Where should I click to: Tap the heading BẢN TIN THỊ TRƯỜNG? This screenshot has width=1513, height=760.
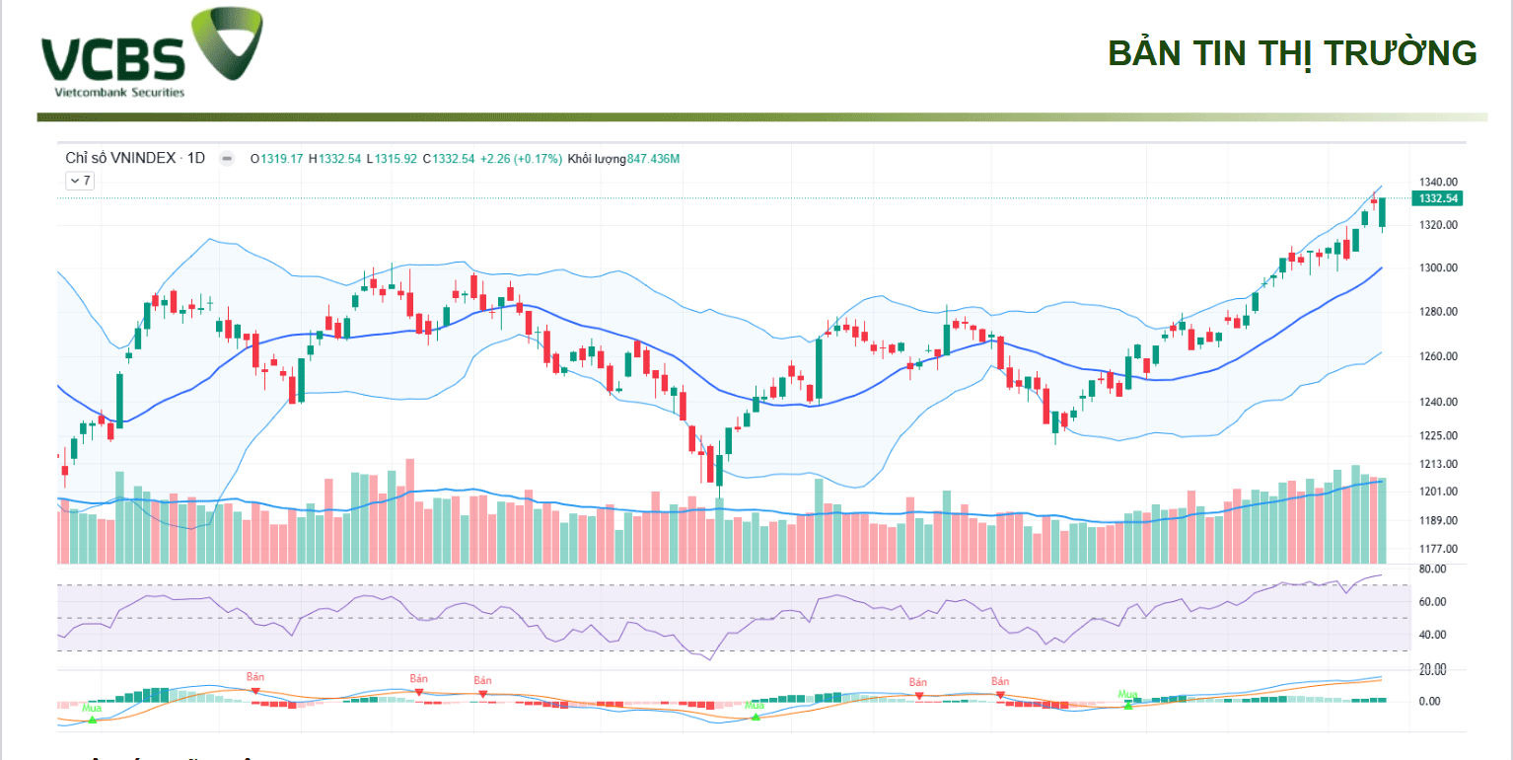pyautogui.click(x=1292, y=53)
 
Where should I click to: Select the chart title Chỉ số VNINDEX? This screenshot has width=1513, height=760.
pyautogui.click(x=120, y=158)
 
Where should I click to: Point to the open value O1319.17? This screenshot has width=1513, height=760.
pyautogui.click(x=277, y=158)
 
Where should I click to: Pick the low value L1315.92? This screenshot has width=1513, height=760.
pyautogui.click(x=392, y=158)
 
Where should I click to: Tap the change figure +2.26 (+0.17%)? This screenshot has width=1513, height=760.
pyautogui.click(x=521, y=158)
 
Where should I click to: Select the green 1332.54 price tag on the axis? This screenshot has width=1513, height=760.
pyautogui.click(x=1438, y=198)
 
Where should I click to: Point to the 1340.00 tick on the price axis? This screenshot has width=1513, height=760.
pyautogui.click(x=1437, y=183)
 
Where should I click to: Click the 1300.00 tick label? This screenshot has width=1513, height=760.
pyautogui.click(x=1437, y=268)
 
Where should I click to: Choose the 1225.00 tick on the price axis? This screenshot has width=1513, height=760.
pyautogui.click(x=1437, y=435)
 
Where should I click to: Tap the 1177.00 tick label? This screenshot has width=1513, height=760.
pyautogui.click(x=1437, y=549)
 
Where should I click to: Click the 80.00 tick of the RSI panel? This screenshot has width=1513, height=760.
pyautogui.click(x=1432, y=570)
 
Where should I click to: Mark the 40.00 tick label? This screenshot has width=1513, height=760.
pyautogui.click(x=1432, y=635)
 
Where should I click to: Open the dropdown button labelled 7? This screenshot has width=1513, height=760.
pyautogui.click(x=80, y=181)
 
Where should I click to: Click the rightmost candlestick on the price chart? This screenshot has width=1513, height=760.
pyautogui.click(x=1382, y=212)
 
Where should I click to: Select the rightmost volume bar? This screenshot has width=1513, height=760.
pyautogui.click(x=1382, y=520)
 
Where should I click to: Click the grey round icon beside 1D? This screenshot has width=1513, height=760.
pyautogui.click(x=227, y=158)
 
